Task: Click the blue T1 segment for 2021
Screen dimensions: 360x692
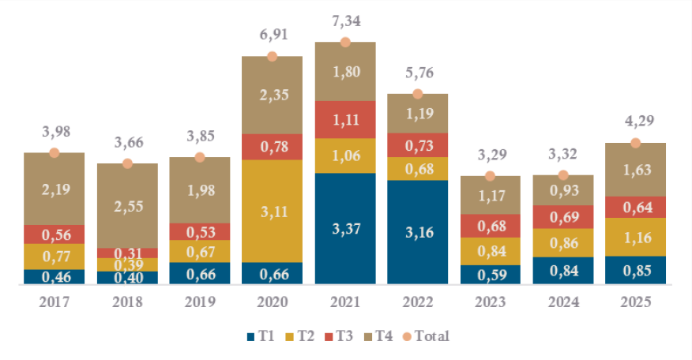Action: click(345, 228)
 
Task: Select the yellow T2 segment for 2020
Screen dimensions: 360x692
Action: click(273, 211)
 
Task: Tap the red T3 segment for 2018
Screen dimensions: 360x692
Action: click(127, 253)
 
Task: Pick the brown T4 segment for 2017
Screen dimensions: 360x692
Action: click(55, 189)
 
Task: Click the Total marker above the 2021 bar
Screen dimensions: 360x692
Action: click(345, 42)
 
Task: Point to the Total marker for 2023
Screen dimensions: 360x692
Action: click(491, 176)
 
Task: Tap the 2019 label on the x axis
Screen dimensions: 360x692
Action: click(200, 301)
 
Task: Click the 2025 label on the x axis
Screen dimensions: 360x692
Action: click(635, 301)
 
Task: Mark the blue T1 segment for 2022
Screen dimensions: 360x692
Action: click(418, 232)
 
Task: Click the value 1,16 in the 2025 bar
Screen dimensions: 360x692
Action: click(635, 237)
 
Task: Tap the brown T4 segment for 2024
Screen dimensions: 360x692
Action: click(563, 190)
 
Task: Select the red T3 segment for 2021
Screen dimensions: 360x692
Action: click(345, 119)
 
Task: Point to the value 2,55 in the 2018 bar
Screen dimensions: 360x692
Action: click(127, 205)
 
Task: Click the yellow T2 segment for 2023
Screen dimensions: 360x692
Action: click(491, 251)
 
